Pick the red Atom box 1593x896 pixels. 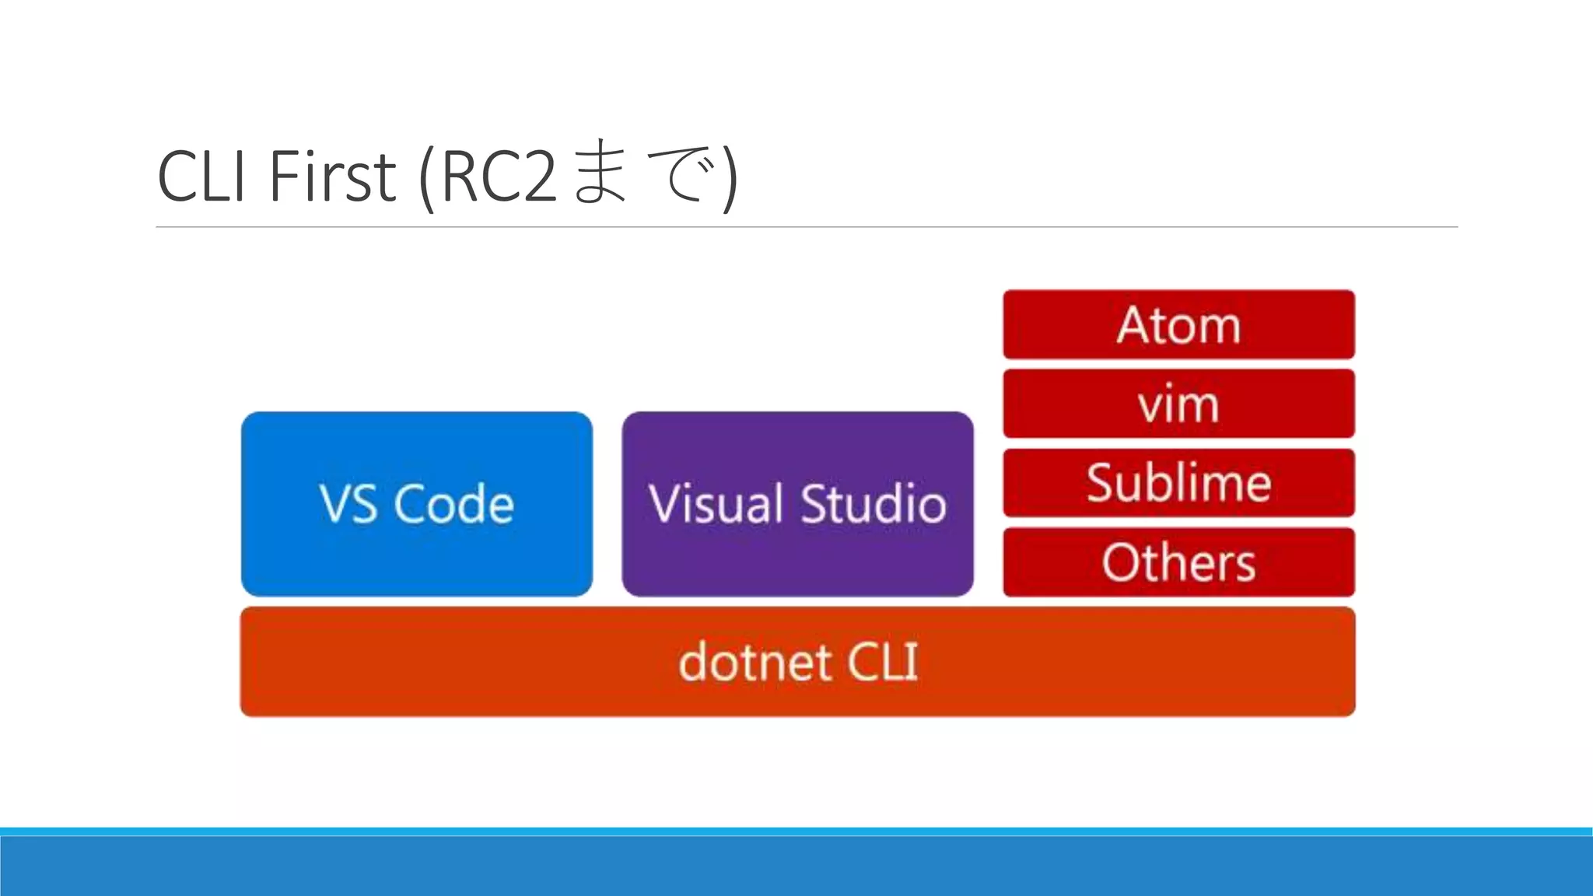click(1178, 324)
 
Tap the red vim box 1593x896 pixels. click(1178, 404)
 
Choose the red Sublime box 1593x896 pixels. click(1178, 483)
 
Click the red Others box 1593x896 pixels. click(1178, 562)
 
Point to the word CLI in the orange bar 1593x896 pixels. click(882, 662)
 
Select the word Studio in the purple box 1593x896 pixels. click(873, 504)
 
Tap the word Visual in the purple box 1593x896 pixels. click(716, 504)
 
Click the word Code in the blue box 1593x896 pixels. click(453, 504)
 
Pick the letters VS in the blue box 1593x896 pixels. click(348, 504)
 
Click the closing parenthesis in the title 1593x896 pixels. click(729, 177)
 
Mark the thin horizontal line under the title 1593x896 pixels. click(806, 227)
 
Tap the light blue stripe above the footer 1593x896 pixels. click(796, 831)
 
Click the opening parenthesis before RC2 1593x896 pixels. click(425, 177)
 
